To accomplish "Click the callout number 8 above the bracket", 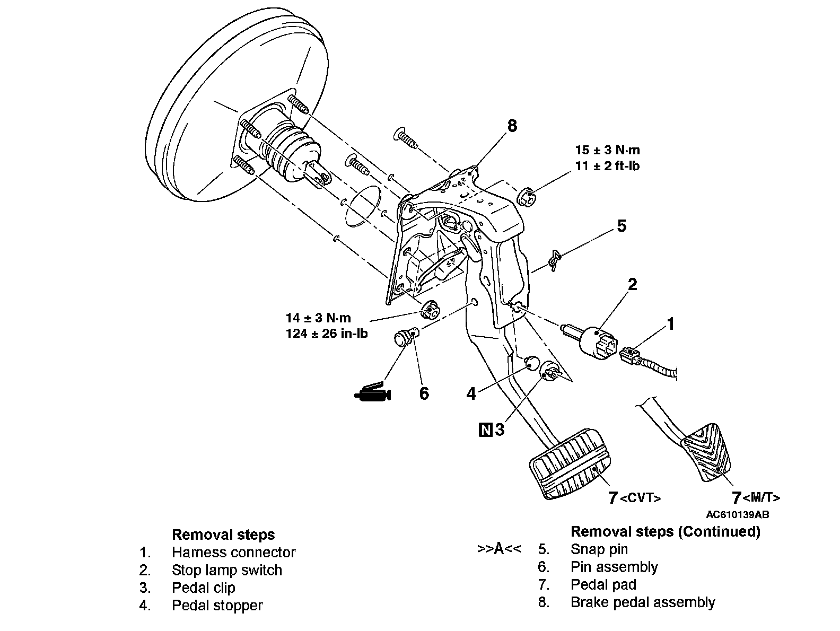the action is [512, 126].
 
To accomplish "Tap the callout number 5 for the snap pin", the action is [622, 226].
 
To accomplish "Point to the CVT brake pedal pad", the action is [570, 463].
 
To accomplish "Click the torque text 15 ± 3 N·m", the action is [607, 150].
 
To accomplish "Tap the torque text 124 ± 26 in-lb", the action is [327, 334].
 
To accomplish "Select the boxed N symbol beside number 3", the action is [486, 430].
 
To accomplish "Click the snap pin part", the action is [554, 261].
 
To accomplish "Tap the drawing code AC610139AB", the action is [737, 515].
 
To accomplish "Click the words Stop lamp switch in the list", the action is [227, 570].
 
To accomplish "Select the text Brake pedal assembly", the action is [643, 602].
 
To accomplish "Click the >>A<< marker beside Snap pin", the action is [499, 549].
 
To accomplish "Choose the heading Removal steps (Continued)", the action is [666, 531].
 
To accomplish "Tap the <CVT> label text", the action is [640, 498].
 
